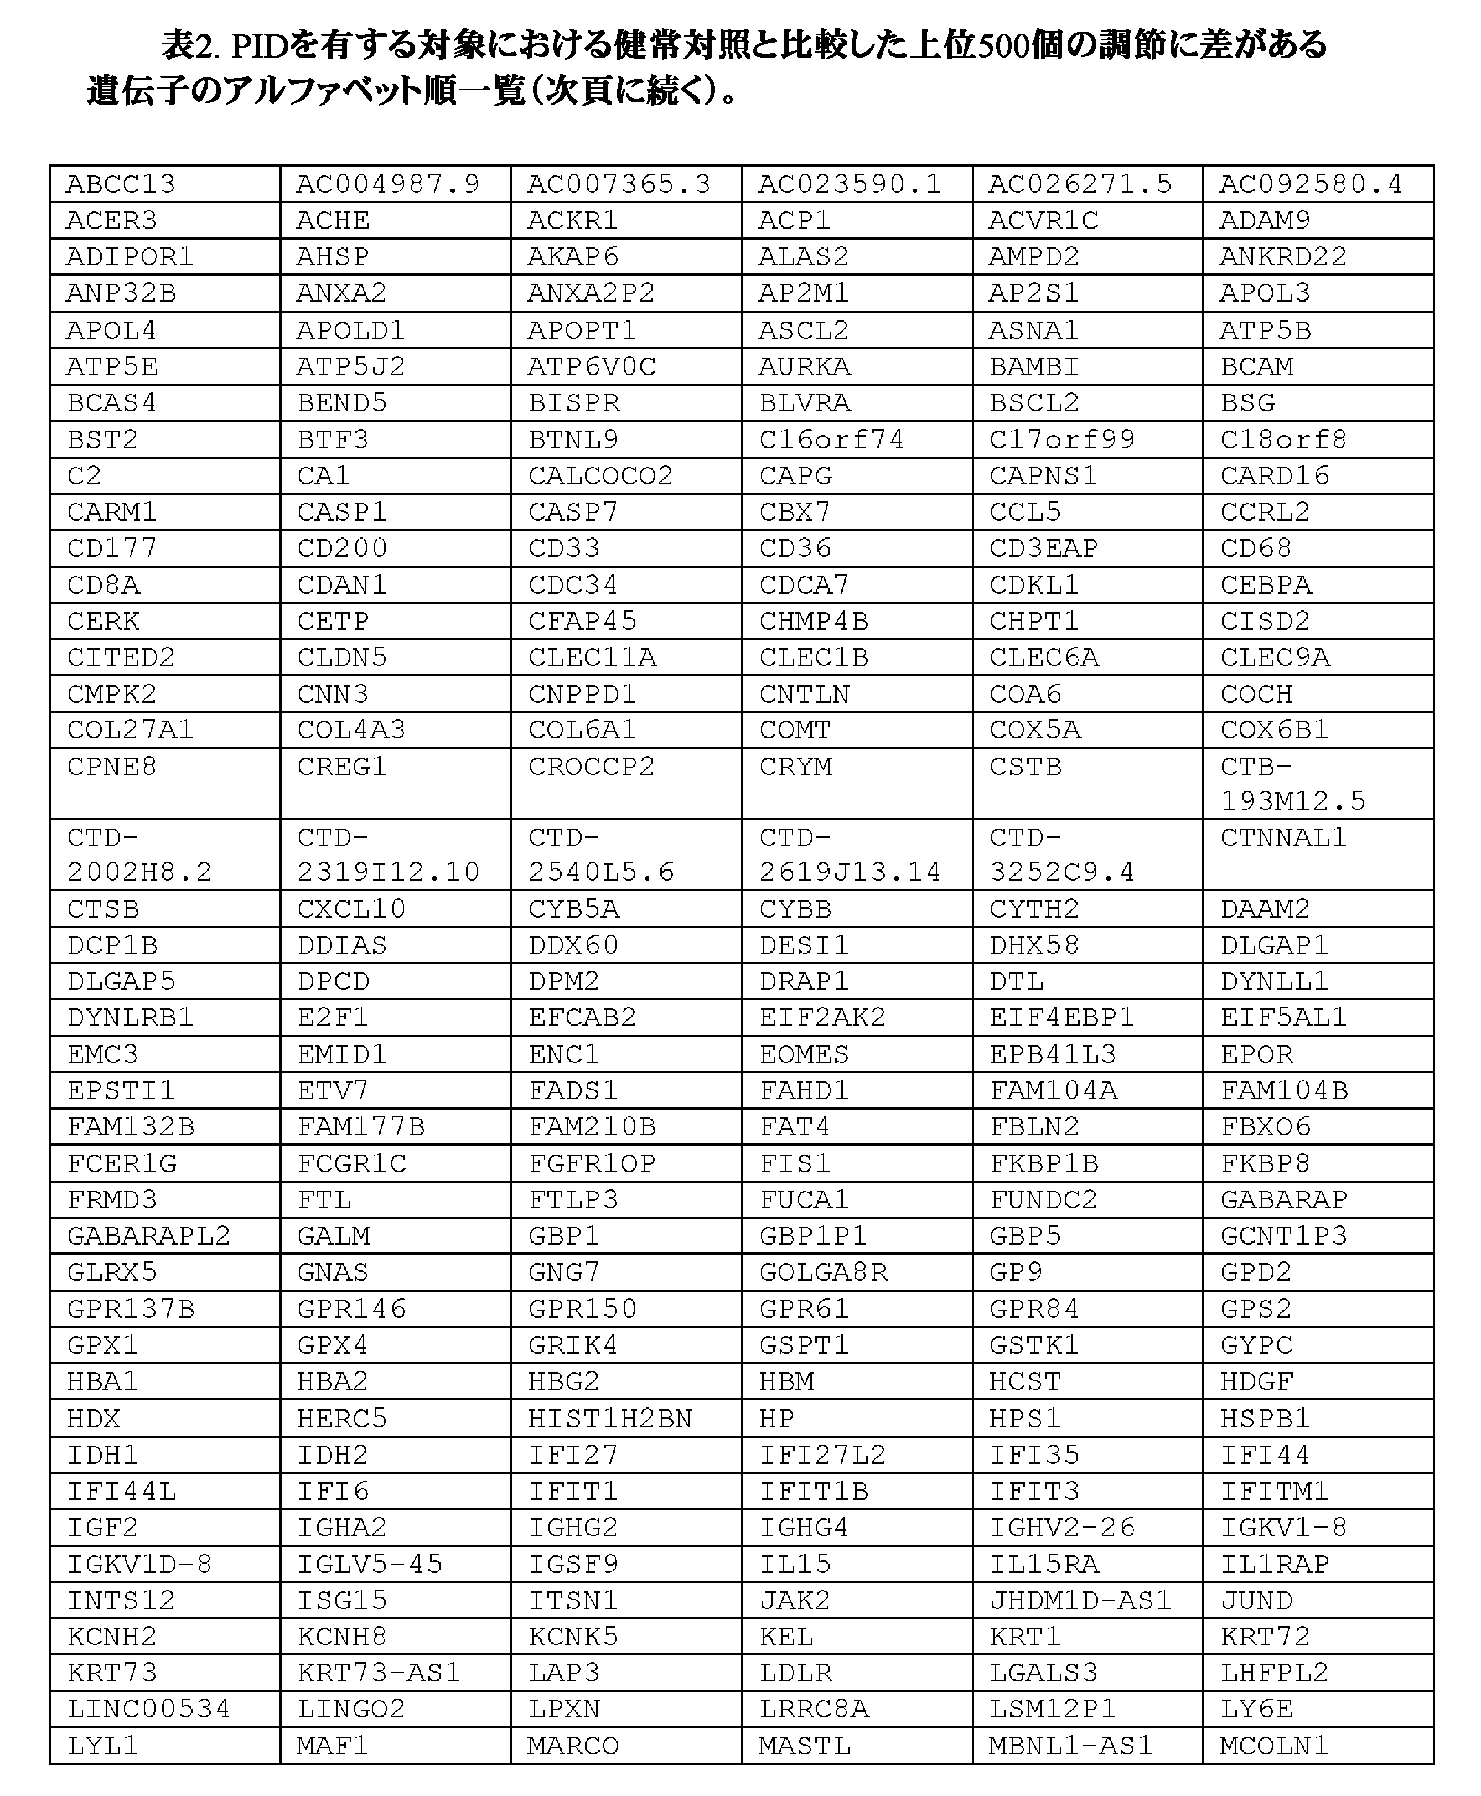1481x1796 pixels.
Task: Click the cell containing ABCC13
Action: tap(121, 184)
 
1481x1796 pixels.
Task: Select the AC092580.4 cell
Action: tap(1311, 184)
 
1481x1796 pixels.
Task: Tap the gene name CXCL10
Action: tap(351, 909)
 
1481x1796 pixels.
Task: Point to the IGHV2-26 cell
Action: tap(1062, 1527)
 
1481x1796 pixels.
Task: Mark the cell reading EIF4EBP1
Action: tap(1062, 1018)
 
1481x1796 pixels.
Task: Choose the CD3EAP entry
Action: tap(1043, 548)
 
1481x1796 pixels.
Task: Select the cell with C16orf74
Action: tap(831, 439)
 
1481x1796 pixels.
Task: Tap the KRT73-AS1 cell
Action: tap(379, 1672)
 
